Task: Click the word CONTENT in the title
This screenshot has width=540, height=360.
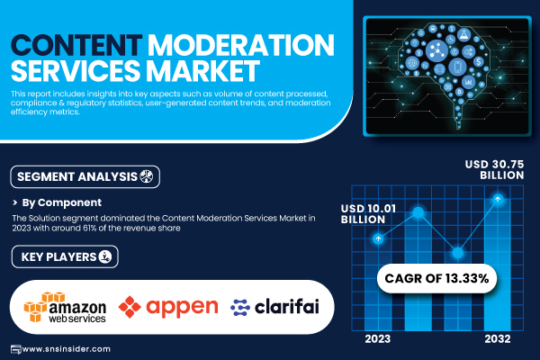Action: point(76,45)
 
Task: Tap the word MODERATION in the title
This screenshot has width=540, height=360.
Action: point(241,45)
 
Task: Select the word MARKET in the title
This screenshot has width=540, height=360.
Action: point(202,70)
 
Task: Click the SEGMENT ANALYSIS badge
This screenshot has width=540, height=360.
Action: point(85,176)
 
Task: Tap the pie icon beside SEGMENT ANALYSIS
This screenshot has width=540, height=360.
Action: point(147,176)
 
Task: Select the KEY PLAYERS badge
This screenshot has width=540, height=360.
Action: point(65,256)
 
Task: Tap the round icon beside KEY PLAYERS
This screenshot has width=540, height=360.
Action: point(105,256)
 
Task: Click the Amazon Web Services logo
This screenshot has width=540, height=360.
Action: point(65,307)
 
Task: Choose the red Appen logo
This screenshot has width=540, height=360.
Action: point(168,307)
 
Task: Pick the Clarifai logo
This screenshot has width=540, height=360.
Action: point(274,307)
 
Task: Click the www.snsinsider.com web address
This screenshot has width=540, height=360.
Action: point(66,349)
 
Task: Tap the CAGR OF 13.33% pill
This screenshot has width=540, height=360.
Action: point(436,278)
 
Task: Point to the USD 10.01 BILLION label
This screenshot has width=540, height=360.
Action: point(368,214)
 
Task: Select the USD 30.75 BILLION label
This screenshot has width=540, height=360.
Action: point(494,169)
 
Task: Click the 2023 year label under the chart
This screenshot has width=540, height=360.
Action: point(378,339)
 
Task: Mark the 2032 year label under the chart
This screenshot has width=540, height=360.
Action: point(498,339)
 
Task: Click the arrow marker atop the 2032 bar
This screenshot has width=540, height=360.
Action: point(498,199)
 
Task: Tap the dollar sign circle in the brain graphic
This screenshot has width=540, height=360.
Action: point(479,62)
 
